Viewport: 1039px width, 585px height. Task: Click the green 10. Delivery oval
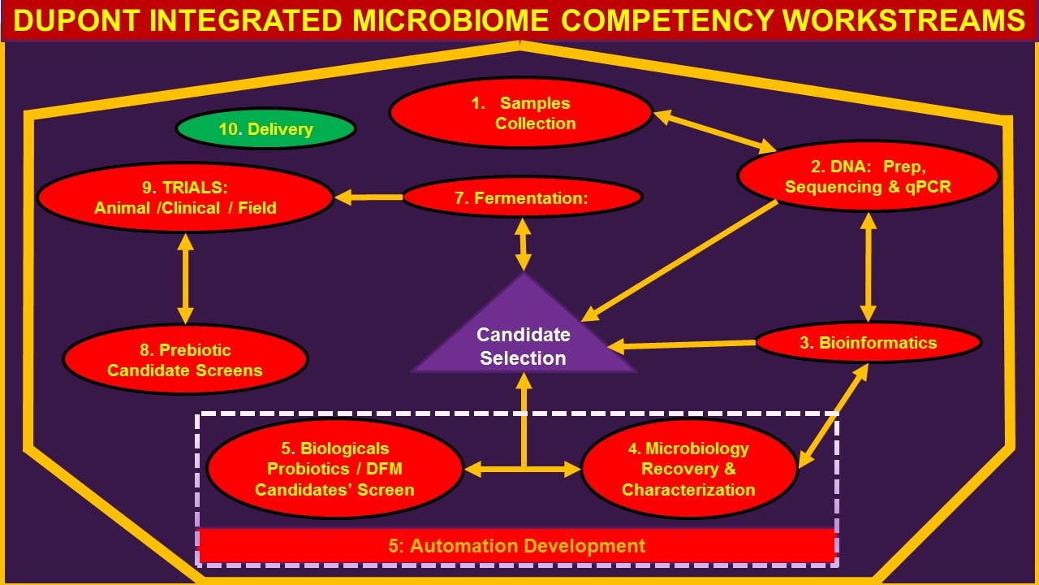pyautogui.click(x=265, y=129)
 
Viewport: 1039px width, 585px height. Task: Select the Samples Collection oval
pyautogui.click(x=520, y=113)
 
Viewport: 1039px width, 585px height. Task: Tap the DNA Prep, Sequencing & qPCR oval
pyautogui.click(x=869, y=176)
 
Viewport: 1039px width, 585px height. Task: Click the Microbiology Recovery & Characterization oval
pyautogui.click(x=689, y=469)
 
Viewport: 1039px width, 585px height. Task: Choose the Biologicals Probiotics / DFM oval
pyautogui.click(x=334, y=469)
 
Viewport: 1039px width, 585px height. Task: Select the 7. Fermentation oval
pyautogui.click(x=522, y=197)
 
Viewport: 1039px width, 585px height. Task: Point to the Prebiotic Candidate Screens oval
pyautogui.click(x=185, y=360)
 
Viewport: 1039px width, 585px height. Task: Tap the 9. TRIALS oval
pyautogui.click(x=185, y=197)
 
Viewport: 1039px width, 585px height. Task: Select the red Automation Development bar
pyautogui.click(x=517, y=545)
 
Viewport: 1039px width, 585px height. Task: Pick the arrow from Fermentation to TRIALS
pyautogui.click(x=369, y=197)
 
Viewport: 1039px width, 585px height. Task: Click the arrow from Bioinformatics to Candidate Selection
pyautogui.click(x=682, y=345)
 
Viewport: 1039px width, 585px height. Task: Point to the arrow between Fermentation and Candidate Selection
pyautogui.click(x=524, y=245)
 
